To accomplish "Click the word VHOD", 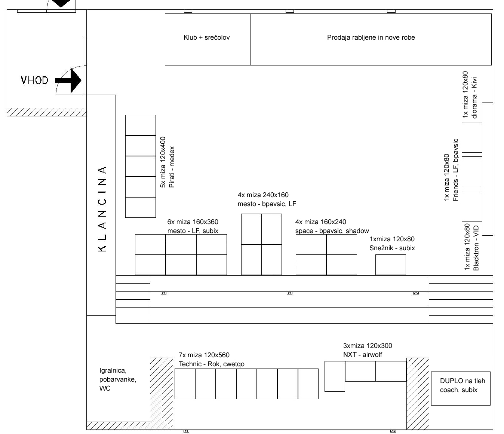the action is click(x=34, y=80).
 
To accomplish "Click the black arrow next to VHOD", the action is click(x=68, y=80).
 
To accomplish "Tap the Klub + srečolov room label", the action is click(x=206, y=37).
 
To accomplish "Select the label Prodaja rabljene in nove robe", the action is click(x=371, y=37).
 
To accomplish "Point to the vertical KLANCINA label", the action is click(x=103, y=209).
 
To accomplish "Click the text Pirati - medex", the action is click(x=172, y=167).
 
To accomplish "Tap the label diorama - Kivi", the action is click(x=474, y=98).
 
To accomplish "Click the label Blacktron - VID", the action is click(x=476, y=248).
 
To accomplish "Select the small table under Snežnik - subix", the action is click(x=391, y=265).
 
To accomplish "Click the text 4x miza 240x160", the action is click(x=263, y=195).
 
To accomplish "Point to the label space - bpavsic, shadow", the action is click(x=332, y=231).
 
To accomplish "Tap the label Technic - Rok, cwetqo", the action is click(x=212, y=364).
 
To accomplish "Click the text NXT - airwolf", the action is click(x=363, y=354).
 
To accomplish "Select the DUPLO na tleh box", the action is click(x=461, y=389).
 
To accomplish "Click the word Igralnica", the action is click(x=113, y=370).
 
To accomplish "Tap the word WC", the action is click(x=105, y=388).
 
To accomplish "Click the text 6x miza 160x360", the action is click(x=193, y=222).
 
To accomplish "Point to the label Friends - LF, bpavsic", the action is click(x=455, y=170).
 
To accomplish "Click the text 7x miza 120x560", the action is click(x=204, y=355).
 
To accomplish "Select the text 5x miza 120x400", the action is click(x=163, y=162).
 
